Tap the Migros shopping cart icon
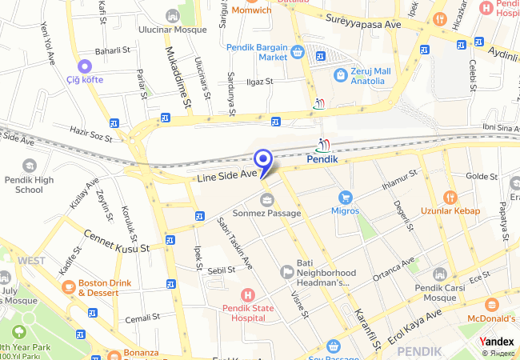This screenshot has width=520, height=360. coord(345,197)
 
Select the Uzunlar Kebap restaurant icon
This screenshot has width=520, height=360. coord(450,197)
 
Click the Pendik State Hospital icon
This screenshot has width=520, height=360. coord(247,294)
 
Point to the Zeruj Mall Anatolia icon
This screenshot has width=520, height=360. coord(341,74)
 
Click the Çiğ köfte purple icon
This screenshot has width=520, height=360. coord(84,66)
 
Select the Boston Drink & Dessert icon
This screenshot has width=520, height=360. coord(68,286)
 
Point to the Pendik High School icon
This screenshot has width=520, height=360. coord(29,165)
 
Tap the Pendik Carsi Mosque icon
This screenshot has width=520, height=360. coord(439,274)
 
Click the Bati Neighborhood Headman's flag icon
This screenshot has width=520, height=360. coord(287,273)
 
